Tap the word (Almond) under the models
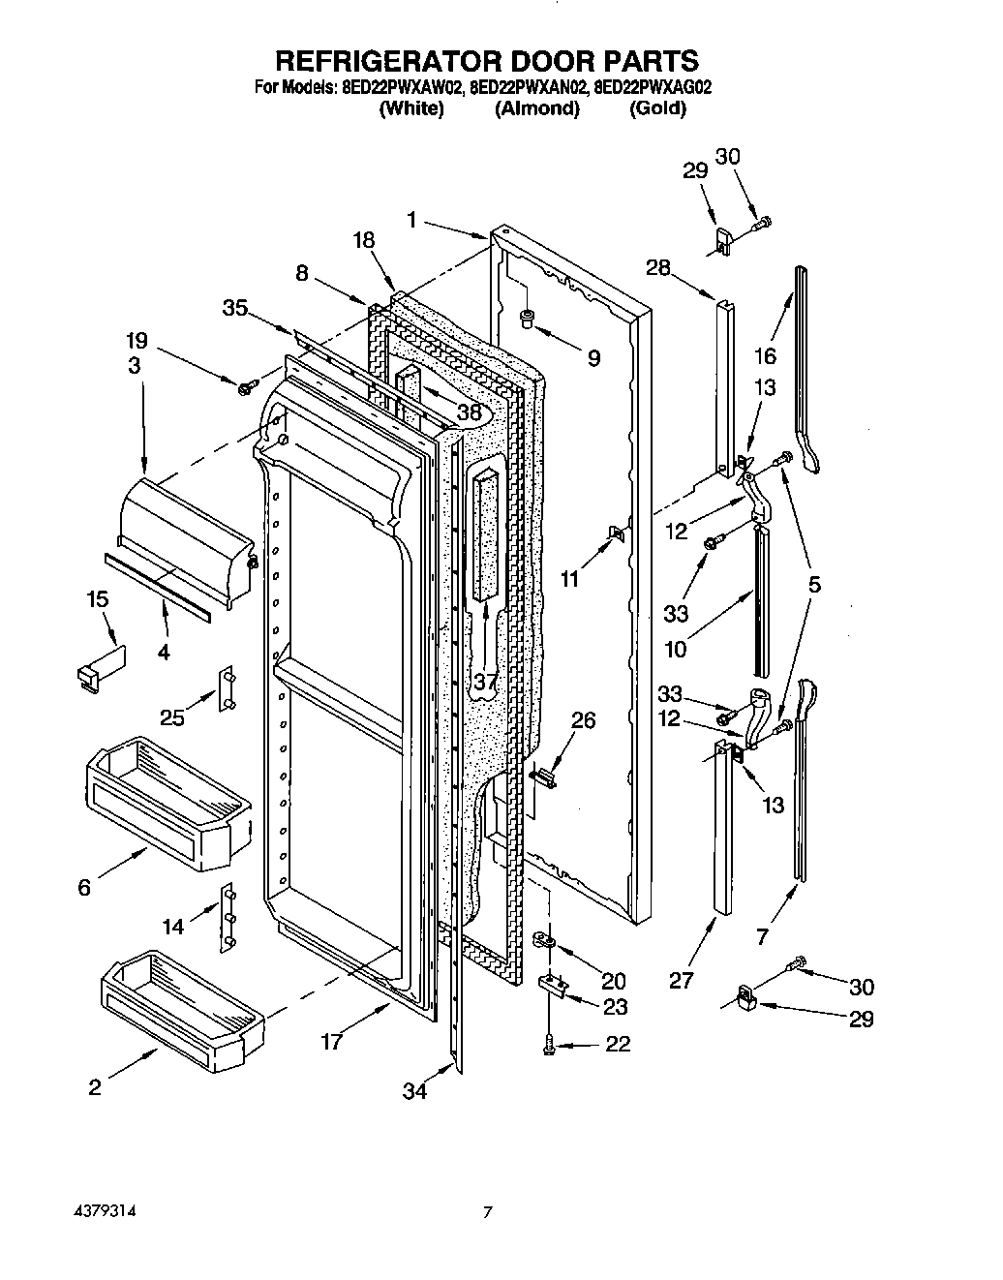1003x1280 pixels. (537, 108)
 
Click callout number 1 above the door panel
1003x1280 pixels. (412, 221)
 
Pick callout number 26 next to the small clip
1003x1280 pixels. (584, 720)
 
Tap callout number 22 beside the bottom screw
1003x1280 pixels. (617, 1044)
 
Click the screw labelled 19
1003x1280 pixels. (245, 388)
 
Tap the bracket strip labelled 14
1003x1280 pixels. (228, 915)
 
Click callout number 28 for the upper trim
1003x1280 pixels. (658, 268)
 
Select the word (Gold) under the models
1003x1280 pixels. (658, 108)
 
